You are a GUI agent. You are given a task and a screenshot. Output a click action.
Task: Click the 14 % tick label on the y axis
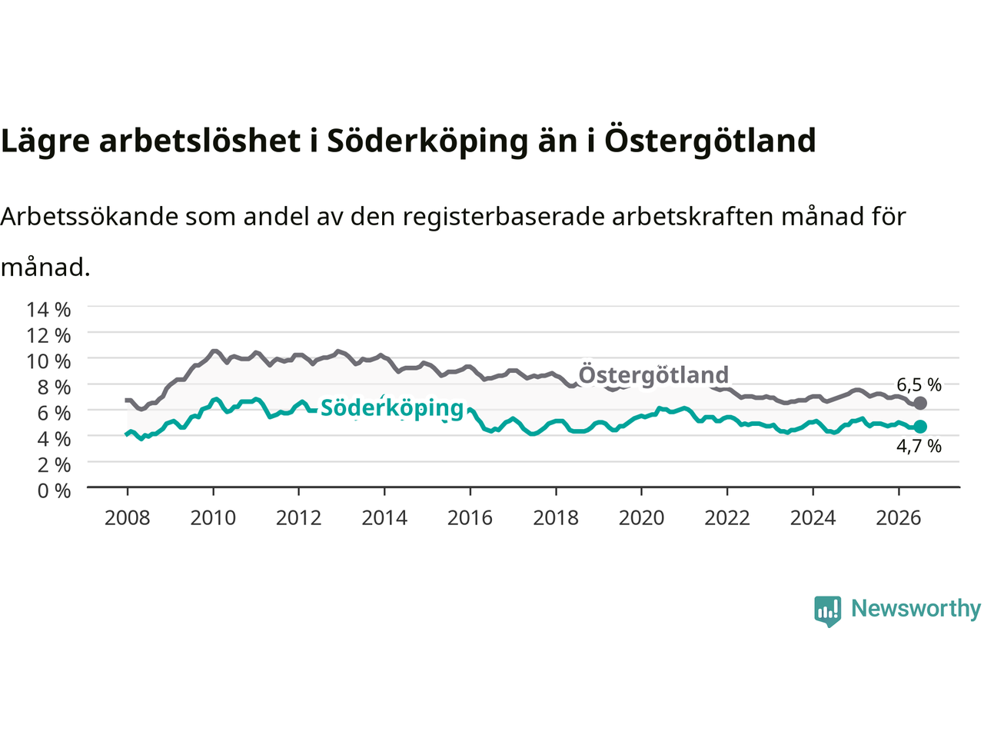[48, 310]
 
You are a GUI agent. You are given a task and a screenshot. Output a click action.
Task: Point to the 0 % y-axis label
[54, 491]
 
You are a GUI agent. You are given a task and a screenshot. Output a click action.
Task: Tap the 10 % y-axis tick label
[48, 361]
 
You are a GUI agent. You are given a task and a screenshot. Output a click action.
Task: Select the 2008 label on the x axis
[128, 518]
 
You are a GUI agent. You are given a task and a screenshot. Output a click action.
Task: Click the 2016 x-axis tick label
[470, 518]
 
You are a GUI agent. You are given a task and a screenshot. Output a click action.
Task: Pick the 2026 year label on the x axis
[899, 518]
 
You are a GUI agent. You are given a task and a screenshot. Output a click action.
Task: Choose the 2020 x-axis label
[641, 518]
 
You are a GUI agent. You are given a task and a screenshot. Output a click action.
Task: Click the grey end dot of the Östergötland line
[920, 404]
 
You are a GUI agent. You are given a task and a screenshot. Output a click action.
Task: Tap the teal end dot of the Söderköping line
[920, 427]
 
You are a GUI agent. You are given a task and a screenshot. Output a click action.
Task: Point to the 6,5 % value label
[919, 384]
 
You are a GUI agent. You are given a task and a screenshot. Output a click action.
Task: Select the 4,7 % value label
[919, 447]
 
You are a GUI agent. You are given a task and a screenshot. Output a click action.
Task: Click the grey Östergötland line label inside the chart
[653, 374]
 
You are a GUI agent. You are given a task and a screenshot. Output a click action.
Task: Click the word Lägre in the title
[45, 141]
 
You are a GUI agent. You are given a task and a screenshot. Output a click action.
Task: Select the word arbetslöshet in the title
[199, 140]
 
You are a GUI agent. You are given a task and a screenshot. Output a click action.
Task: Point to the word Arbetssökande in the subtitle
[90, 217]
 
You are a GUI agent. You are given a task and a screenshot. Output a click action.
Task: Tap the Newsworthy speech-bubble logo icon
[827, 611]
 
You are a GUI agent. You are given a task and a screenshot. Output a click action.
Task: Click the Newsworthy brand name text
[916, 609]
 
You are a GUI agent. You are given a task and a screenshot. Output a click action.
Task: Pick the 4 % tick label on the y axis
[54, 439]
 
